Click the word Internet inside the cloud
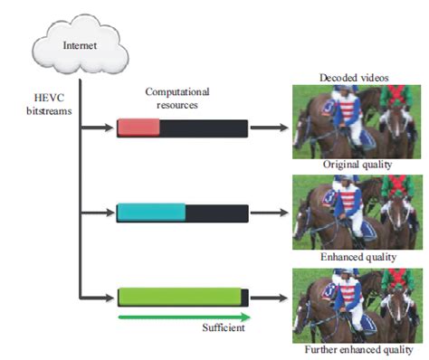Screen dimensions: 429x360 (x=80, y=45)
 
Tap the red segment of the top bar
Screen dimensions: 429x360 (x=138, y=128)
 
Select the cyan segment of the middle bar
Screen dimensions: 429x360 (x=151, y=213)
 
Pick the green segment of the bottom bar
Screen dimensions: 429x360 (x=179, y=297)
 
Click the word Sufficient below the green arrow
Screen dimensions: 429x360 (x=224, y=327)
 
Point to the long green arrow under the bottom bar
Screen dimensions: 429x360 (x=185, y=317)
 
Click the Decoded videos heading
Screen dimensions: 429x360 (x=354, y=78)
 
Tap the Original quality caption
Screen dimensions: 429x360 (x=357, y=165)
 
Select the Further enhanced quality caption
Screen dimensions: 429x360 (x=358, y=350)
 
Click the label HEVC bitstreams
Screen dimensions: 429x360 (x=49, y=104)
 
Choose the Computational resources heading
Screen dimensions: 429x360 (x=177, y=99)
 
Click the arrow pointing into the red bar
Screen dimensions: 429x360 (x=97, y=128)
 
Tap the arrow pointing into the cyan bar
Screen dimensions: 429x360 (x=97, y=213)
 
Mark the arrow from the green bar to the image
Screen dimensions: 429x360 (x=269, y=298)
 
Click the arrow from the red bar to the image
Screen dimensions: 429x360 (x=269, y=128)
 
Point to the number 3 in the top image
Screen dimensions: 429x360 (x=329, y=108)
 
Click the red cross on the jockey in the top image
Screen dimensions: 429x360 (x=396, y=92)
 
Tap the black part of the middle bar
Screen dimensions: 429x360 (x=217, y=213)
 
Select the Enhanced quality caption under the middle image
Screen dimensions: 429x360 (x=358, y=257)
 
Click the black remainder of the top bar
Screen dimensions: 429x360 (x=204, y=128)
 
